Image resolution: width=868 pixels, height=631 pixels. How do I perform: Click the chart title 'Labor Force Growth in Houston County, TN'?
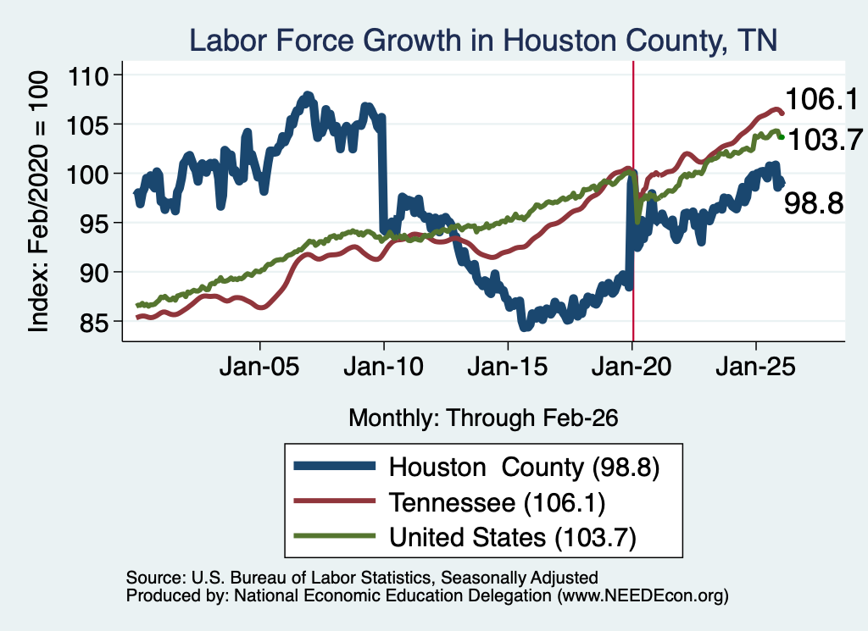click(x=483, y=41)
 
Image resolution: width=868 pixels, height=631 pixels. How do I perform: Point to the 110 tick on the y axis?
click(x=88, y=76)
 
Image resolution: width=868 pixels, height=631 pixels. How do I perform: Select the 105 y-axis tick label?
click(x=88, y=125)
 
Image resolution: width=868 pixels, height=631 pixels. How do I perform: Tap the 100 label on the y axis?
click(x=88, y=174)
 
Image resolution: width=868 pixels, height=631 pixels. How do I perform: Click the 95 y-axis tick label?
click(x=95, y=224)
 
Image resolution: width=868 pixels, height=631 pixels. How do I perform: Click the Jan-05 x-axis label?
click(x=259, y=366)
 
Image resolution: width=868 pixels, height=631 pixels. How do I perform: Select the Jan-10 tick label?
click(x=383, y=366)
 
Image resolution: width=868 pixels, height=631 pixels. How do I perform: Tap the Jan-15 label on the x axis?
click(x=507, y=366)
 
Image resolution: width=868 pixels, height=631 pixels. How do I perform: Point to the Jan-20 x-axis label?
click(x=631, y=366)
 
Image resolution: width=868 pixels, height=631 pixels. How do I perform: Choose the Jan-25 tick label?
click(x=755, y=366)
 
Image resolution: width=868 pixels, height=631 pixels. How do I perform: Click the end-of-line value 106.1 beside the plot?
click(x=821, y=100)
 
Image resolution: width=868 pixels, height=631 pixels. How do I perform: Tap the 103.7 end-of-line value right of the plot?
click(x=824, y=140)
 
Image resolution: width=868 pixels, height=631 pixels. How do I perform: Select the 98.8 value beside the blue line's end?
click(x=814, y=203)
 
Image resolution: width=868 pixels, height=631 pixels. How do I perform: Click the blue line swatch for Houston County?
click(x=334, y=466)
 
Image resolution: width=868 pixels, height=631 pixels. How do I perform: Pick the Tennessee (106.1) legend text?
click(x=497, y=502)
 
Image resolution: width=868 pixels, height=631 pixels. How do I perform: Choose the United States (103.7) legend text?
click(x=513, y=537)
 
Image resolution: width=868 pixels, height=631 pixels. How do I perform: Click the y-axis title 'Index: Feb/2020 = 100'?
click(x=38, y=202)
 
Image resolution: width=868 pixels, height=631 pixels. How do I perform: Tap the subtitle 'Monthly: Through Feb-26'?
click(x=483, y=418)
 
